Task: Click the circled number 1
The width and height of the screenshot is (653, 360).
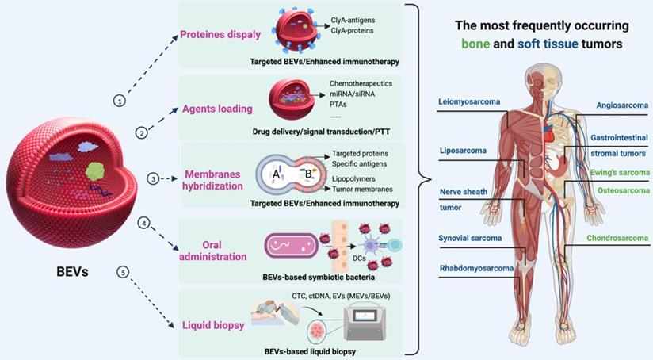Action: pos(119,101)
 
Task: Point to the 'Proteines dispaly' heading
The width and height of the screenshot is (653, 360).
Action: pos(223,34)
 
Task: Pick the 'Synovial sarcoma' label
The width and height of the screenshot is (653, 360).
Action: pos(470,237)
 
